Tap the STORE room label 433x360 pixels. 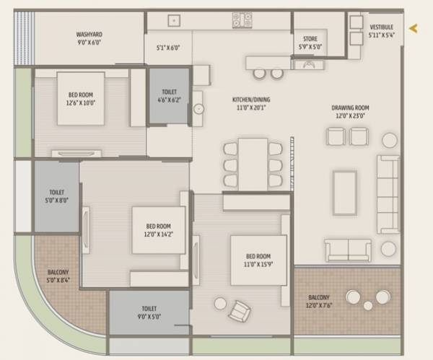coord(310,40)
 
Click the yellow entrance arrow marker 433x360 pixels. coord(414,29)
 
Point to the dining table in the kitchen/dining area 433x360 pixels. coord(253,164)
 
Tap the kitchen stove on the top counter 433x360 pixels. coord(242,20)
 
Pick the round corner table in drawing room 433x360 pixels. coord(390,140)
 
